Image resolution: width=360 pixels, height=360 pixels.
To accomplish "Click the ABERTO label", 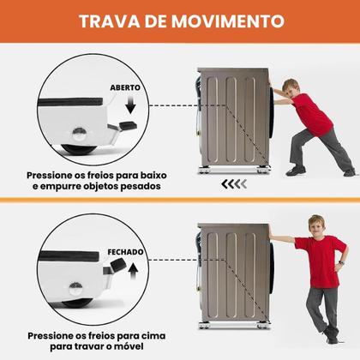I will click(124, 87).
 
